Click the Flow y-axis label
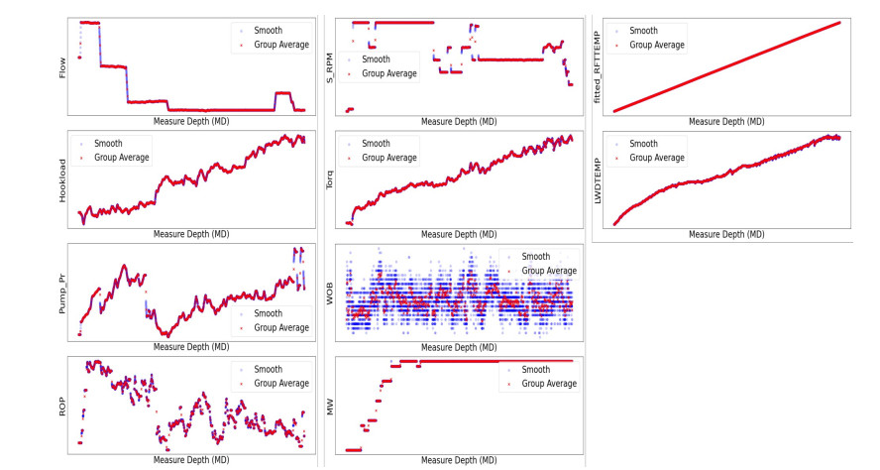[62, 66]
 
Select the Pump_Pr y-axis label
[62, 294]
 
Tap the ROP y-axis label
[62, 405]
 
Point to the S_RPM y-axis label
[330, 66]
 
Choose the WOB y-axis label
[330, 293]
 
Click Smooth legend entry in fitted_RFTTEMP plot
[643, 31]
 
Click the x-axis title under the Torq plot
[459, 235]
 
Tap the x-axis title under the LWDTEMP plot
[726, 235]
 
